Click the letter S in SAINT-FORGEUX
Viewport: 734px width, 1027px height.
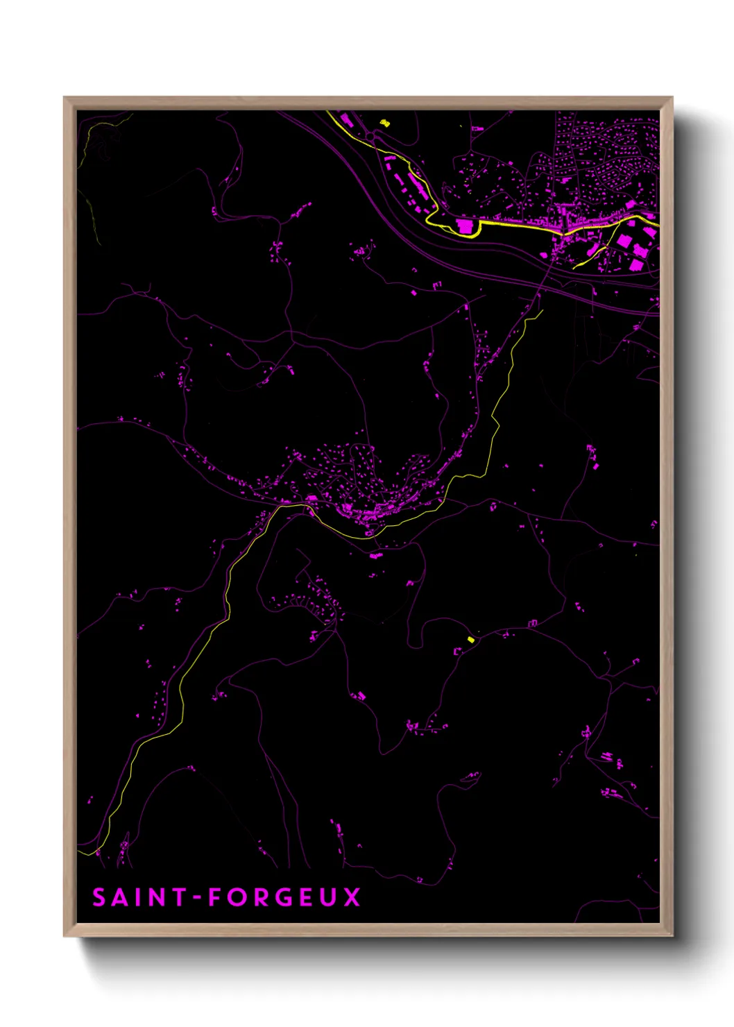coord(99,897)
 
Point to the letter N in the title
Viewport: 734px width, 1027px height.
coord(157,897)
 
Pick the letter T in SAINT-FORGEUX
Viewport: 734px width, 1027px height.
coord(179,897)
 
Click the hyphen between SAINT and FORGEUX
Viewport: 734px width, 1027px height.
coord(198,898)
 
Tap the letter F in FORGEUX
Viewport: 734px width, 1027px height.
coord(216,897)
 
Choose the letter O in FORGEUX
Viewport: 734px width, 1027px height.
coord(238,897)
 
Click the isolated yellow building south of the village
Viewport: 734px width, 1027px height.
coord(470,639)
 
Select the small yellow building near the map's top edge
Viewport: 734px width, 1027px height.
coord(385,123)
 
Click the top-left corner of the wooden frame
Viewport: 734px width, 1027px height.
coord(65,98)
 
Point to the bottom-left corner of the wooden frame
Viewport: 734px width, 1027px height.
coord(65,936)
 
